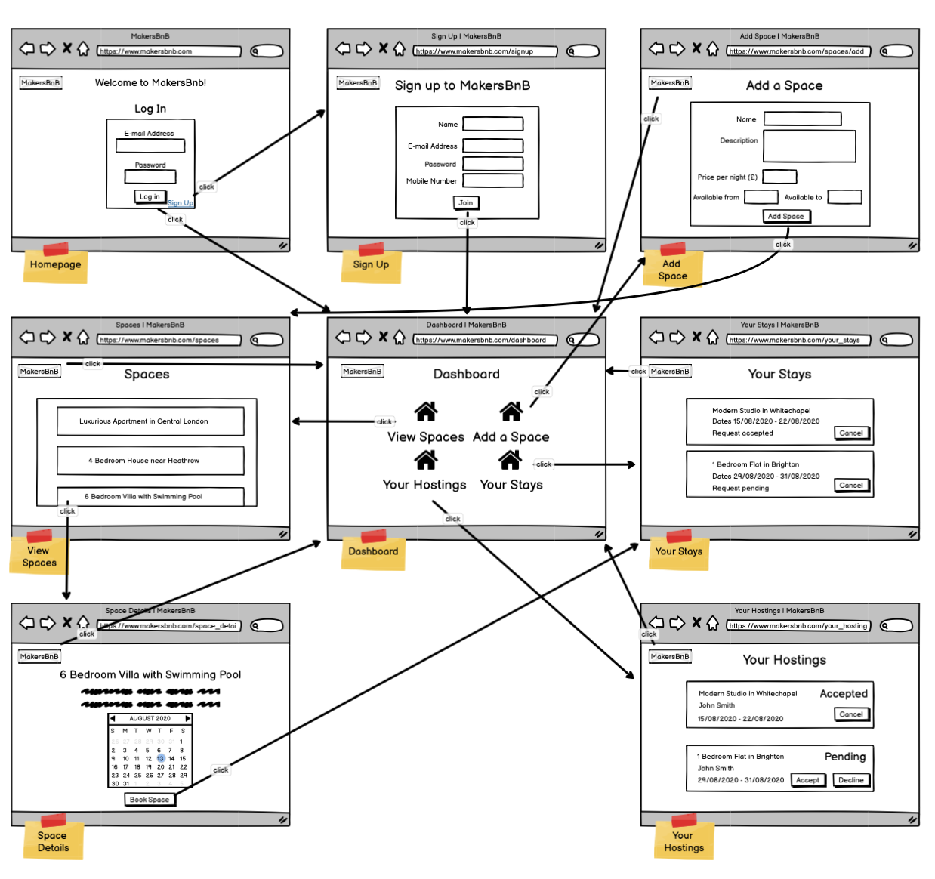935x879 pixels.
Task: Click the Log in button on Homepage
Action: [x=150, y=196]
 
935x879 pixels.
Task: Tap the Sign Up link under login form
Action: [x=180, y=203]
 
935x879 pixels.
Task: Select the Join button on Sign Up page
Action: [x=466, y=202]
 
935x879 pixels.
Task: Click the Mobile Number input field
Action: [x=492, y=180]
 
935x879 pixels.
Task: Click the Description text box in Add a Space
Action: [x=809, y=146]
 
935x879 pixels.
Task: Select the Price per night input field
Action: [x=779, y=177]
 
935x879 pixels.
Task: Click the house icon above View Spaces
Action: [x=426, y=412]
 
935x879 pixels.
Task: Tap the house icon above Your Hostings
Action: [x=426, y=459]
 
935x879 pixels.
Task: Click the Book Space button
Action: [x=150, y=800]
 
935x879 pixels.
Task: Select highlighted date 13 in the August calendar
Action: [x=160, y=758]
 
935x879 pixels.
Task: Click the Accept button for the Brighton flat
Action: [x=807, y=780]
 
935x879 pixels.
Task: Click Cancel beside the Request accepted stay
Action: [x=851, y=433]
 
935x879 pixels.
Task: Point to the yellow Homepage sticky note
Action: [x=55, y=266]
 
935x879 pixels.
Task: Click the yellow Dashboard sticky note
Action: [x=373, y=552]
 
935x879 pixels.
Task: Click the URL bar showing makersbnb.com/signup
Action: [x=485, y=51]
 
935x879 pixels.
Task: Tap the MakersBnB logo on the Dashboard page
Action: [x=363, y=372]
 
